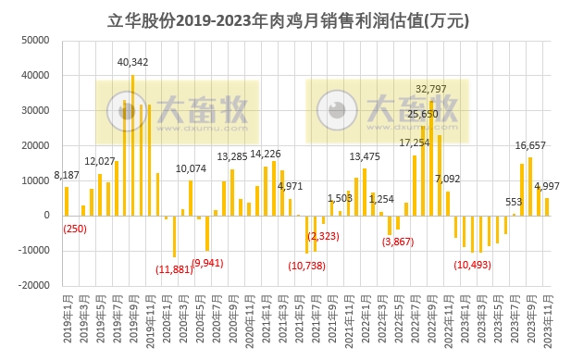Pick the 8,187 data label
[67, 175]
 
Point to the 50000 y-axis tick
[34, 41]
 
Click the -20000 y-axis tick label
[32, 286]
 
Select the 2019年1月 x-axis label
[67, 320]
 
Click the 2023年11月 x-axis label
[547, 320]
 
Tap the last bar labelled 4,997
[547, 206]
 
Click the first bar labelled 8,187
[67, 201]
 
